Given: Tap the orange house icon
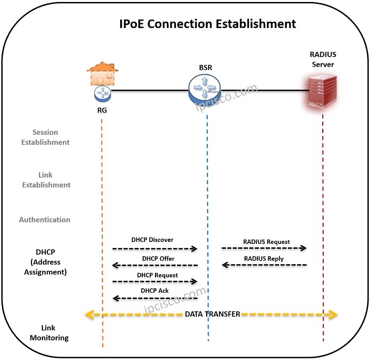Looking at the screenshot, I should coord(102,73).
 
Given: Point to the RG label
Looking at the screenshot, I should coord(102,111).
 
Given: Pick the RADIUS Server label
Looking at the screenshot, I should coord(322,60).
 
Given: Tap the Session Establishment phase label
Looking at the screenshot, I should coord(45,137).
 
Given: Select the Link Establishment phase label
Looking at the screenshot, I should coord(45,180).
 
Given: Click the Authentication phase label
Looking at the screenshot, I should coord(45,220).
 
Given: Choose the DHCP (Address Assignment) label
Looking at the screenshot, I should coord(45,262).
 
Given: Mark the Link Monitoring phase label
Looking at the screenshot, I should coord(49,333).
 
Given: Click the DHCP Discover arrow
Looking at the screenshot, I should coord(155,249).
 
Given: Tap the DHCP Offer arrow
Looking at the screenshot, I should coord(155,266).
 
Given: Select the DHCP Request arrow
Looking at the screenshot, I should coord(155,282).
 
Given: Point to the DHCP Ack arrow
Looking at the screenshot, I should coord(155,298).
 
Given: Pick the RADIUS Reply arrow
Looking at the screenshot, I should coord(264,266).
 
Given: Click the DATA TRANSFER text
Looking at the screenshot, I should coord(212,314).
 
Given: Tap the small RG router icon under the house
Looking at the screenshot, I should coord(102,92).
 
